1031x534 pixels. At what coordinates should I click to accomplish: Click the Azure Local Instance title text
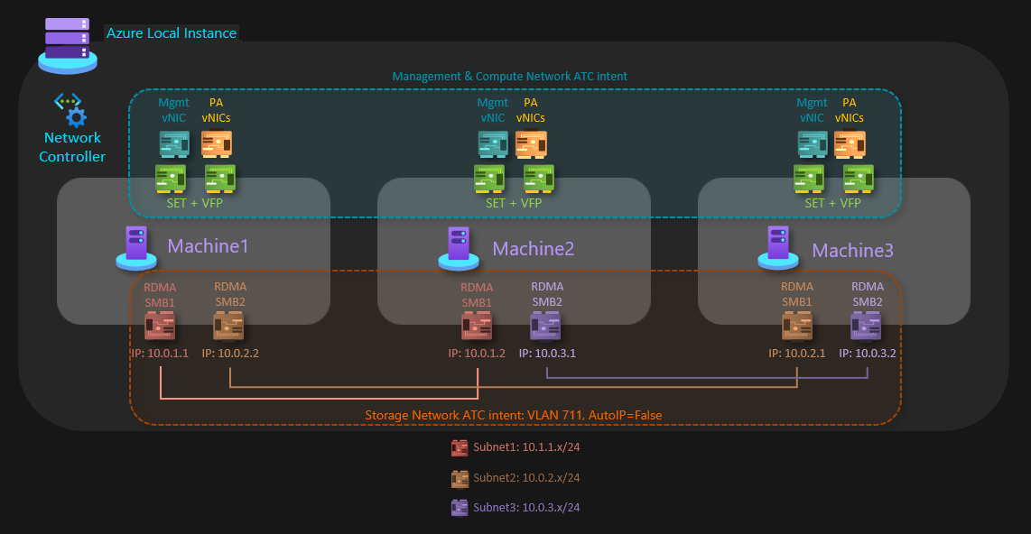[172, 33]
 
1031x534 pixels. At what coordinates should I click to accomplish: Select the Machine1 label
[208, 245]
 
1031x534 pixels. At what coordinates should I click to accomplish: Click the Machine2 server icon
[458, 248]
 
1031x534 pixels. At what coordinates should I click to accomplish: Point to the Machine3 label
[852, 250]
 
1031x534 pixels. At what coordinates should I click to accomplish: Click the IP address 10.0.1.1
[160, 354]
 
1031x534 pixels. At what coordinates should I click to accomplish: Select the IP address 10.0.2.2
[230, 354]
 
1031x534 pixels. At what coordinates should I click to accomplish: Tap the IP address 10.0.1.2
[477, 354]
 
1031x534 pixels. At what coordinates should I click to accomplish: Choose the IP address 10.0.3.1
[547, 354]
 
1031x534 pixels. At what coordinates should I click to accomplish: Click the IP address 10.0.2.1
[797, 354]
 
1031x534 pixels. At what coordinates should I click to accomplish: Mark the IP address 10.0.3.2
[868, 354]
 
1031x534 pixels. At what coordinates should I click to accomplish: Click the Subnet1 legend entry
[516, 447]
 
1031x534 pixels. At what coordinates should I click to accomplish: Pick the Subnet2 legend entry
[516, 477]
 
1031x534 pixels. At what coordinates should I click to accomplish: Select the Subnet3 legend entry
[516, 508]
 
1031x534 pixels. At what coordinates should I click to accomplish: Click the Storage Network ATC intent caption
[514, 416]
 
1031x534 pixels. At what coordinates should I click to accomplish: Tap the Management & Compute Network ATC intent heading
[510, 77]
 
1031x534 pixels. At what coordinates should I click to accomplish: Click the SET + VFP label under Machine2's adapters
[514, 203]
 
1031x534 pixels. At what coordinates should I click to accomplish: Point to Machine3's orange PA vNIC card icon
[850, 143]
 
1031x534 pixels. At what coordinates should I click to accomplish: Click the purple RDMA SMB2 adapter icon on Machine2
[546, 326]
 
